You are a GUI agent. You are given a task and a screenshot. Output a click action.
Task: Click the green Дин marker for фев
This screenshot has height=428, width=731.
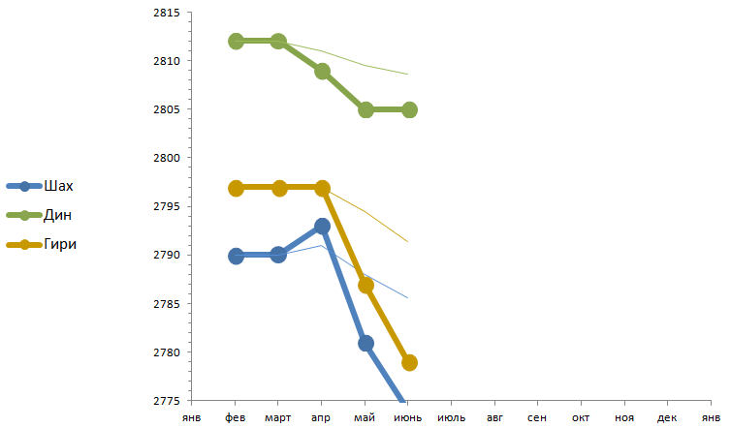pyautogui.click(x=236, y=42)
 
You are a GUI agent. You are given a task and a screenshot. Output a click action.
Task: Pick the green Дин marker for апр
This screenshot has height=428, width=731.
pyautogui.click(x=322, y=71)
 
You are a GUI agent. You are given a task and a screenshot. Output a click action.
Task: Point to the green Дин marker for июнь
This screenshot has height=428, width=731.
pyautogui.click(x=409, y=109)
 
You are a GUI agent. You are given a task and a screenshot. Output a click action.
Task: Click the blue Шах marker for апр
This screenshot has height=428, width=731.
pyautogui.click(x=322, y=227)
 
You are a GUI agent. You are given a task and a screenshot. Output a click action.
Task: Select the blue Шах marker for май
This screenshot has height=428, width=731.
pyautogui.click(x=365, y=343)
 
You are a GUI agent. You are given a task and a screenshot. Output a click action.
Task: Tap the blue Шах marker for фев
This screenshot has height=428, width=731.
pyautogui.click(x=236, y=256)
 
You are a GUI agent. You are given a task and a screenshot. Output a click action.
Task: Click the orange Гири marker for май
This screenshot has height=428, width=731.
pyautogui.click(x=365, y=285)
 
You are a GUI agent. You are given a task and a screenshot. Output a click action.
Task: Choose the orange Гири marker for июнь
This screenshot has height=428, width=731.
pyautogui.click(x=409, y=362)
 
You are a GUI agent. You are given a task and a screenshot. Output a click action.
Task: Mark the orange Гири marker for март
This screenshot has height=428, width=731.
pyautogui.click(x=279, y=188)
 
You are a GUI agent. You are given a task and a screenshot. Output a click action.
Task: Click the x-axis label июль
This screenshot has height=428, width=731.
pyautogui.click(x=452, y=418)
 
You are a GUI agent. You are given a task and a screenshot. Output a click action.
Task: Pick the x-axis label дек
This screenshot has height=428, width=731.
pyautogui.click(x=667, y=418)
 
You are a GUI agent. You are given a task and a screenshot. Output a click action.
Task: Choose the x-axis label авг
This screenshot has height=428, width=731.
pyautogui.click(x=494, y=418)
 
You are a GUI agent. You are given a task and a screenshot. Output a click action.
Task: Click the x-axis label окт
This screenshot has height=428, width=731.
pyautogui.click(x=581, y=418)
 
